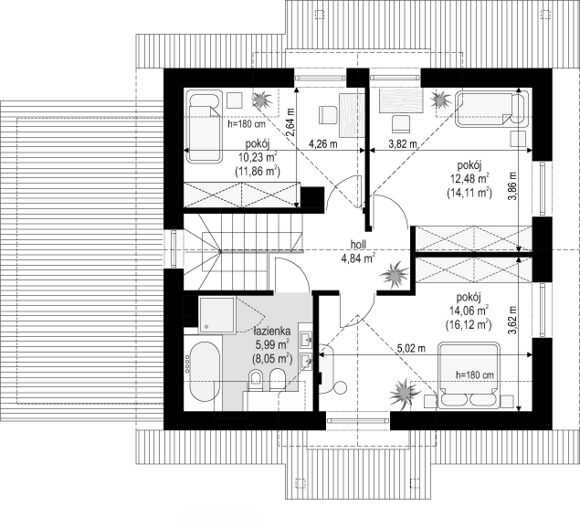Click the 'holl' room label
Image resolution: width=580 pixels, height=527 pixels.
(358, 245)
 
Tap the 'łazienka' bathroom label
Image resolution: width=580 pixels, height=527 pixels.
(272, 331)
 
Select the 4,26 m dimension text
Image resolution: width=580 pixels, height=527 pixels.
(323, 143)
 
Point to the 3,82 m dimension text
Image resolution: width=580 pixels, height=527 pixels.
(403, 143)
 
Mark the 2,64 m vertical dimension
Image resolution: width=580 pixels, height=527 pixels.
(290, 122)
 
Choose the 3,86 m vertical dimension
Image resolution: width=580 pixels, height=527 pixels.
(511, 186)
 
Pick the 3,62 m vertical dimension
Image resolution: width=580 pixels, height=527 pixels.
(511, 321)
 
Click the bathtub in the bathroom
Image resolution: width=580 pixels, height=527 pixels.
(206, 372)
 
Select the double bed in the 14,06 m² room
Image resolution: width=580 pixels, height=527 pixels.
(469, 375)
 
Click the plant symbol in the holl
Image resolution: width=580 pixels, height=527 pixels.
(395, 274)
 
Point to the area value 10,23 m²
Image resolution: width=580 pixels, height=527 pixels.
(258, 157)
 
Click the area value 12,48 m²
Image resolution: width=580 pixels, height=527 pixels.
(469, 179)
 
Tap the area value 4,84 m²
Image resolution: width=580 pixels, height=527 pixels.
(358, 258)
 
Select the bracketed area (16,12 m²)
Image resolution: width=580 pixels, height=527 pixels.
(469, 325)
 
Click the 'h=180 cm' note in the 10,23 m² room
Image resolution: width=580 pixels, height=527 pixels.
(247, 124)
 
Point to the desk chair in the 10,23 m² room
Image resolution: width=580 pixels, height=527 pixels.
(328, 115)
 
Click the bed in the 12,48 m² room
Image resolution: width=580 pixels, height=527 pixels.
(490, 109)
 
